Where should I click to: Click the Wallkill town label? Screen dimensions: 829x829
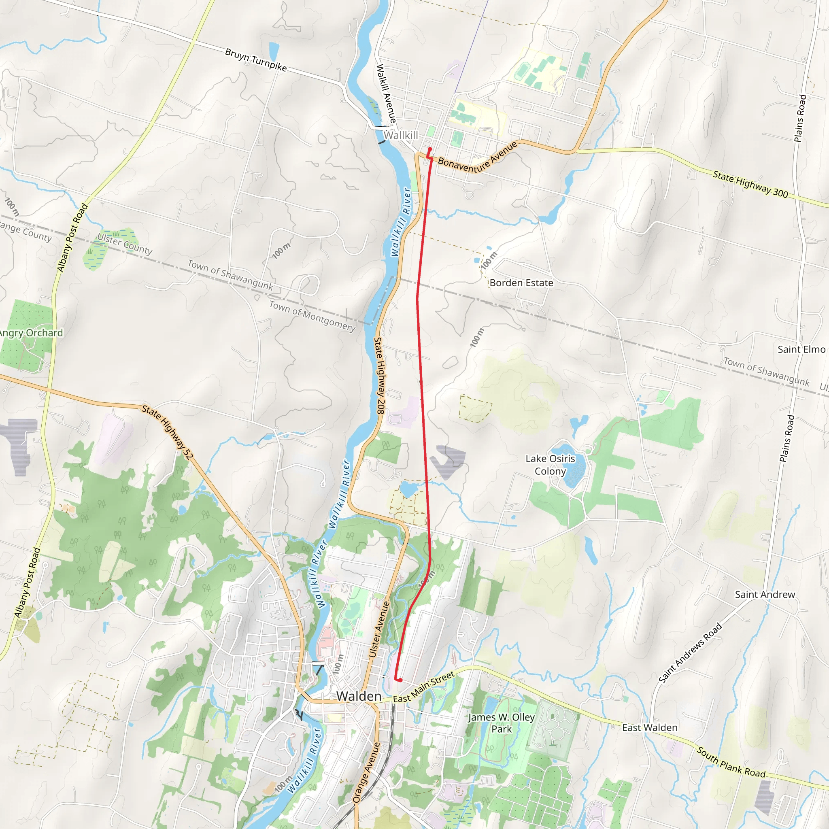coord(400,136)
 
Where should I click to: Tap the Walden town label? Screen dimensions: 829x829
coord(359,696)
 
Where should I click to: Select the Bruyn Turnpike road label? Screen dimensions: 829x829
coord(256,60)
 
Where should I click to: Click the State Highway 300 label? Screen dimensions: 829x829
coord(750,184)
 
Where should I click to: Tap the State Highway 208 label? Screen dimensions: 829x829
coord(380,376)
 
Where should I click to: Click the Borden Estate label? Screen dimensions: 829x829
coord(521,283)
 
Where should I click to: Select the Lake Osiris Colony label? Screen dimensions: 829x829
coord(550,465)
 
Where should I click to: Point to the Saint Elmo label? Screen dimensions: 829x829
coord(801,349)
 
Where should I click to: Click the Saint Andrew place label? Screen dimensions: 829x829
coord(765,594)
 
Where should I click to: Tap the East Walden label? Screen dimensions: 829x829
coord(650,727)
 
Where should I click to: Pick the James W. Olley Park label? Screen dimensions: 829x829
coord(501,723)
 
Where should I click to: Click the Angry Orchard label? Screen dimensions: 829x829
coord(31,333)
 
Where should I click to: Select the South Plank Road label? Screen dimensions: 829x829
coord(731,762)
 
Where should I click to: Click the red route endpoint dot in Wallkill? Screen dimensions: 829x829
coord(429,149)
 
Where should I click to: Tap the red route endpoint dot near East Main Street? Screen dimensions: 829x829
coord(400,680)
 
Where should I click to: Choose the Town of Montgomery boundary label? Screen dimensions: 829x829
coord(312,316)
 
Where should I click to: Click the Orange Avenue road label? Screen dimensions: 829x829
coord(366,772)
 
